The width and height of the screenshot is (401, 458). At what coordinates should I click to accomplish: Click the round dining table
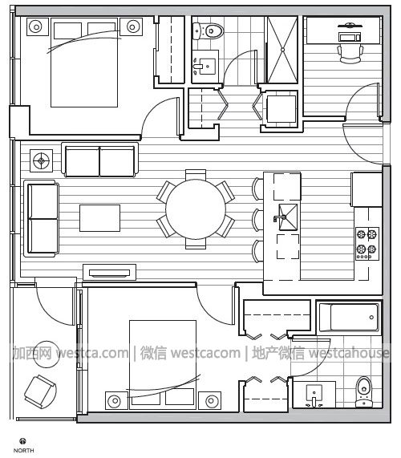click(196, 209)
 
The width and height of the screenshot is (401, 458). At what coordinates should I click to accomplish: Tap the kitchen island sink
click(288, 217)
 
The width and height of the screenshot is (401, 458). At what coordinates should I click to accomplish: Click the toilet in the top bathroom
click(208, 30)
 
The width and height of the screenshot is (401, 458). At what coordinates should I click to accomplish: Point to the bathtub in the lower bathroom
click(349, 317)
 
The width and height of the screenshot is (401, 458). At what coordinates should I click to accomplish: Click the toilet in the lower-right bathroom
click(364, 391)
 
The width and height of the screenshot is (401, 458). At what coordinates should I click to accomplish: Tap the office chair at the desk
click(350, 54)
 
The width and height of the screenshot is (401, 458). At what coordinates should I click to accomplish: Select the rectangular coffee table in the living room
click(100, 218)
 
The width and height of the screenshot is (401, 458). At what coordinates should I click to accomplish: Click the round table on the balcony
click(47, 354)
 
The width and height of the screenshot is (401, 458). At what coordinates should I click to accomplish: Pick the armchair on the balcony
click(40, 391)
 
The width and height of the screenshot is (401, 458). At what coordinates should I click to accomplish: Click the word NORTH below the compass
click(23, 451)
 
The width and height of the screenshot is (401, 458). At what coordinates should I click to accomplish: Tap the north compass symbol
click(22, 441)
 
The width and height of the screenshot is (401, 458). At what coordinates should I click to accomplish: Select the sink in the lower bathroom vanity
click(314, 395)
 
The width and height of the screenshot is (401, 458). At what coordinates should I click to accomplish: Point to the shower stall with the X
click(282, 50)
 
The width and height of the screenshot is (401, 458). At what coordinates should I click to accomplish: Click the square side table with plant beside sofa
click(42, 160)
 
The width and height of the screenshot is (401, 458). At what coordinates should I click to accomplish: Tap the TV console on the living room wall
click(110, 273)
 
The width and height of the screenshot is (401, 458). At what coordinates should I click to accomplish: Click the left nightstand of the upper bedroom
click(38, 27)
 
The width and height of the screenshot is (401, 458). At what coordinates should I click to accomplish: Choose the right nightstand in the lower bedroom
click(209, 400)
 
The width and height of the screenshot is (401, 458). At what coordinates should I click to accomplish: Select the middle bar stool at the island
click(258, 220)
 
